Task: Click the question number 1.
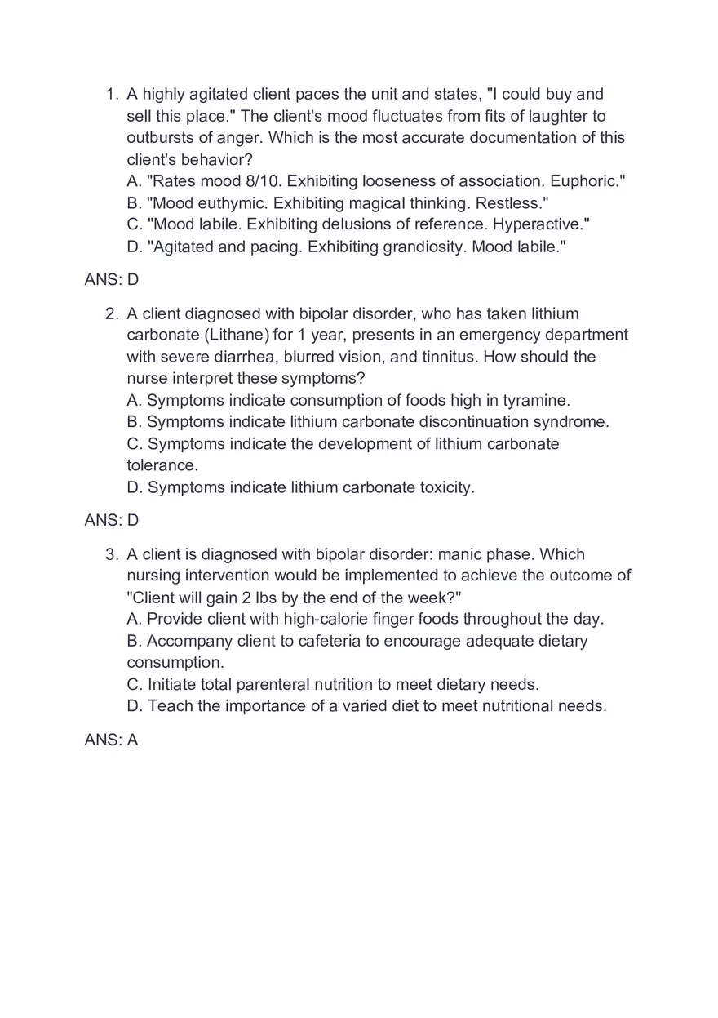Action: tap(113, 95)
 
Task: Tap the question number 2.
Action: tap(113, 314)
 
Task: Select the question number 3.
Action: tap(113, 555)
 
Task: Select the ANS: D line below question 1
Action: tap(112, 280)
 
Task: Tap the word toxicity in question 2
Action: tap(446, 488)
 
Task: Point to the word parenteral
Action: tap(239, 685)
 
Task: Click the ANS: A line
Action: tap(112, 740)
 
